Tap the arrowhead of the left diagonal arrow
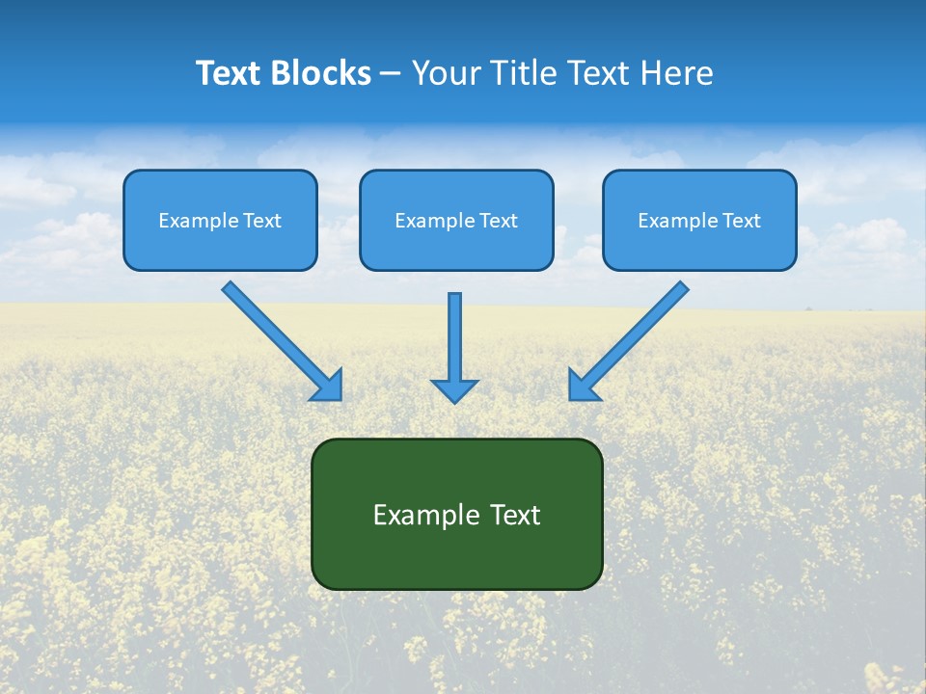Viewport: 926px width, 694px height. click(328, 385)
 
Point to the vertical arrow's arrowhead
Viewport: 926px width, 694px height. click(454, 390)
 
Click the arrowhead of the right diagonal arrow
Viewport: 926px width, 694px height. click(583, 385)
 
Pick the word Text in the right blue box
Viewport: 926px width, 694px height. click(742, 221)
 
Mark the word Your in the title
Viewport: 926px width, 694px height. click(446, 73)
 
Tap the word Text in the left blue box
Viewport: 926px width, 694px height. click(262, 221)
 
